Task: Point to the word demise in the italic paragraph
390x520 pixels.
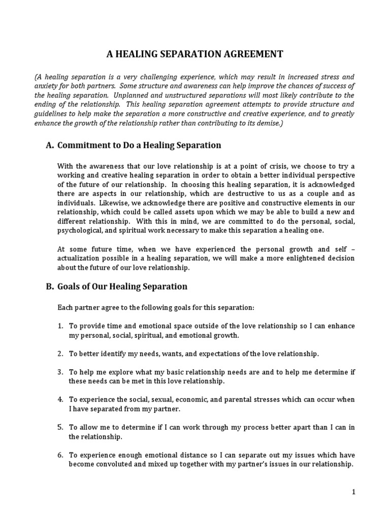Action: coord(259,123)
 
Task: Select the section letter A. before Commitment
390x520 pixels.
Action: coord(50,145)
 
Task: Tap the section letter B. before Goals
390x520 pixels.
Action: coord(50,286)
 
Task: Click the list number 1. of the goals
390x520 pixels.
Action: coord(60,326)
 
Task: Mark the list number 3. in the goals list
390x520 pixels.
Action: coord(60,372)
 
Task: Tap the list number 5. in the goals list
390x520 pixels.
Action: coord(60,427)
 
